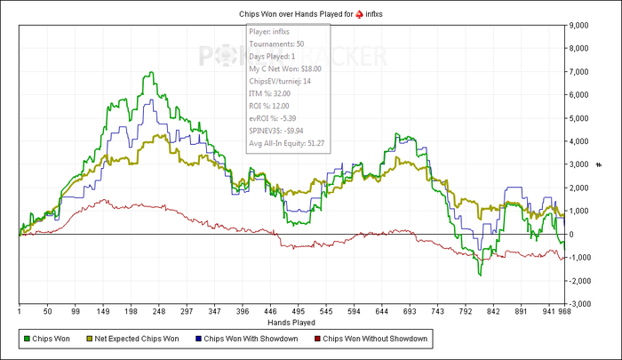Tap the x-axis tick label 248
tap(160, 312)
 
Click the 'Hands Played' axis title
tap(291, 324)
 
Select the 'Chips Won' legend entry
tap(48, 339)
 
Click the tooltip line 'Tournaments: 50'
tap(277, 43)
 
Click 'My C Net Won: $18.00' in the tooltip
tap(285, 68)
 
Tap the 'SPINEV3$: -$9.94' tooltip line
tap(283, 130)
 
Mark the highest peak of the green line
tap(152, 73)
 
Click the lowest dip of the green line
tap(481, 275)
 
